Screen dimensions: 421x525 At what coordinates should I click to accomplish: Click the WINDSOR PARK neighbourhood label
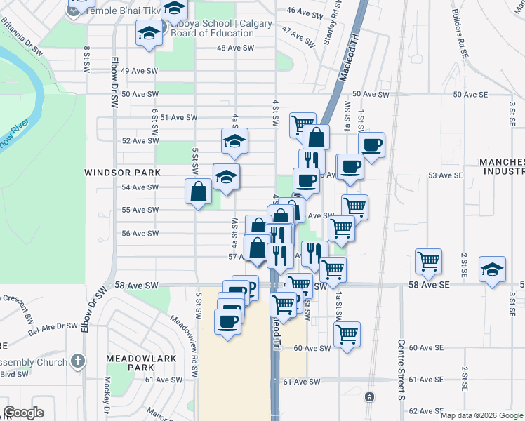click(x=123, y=172)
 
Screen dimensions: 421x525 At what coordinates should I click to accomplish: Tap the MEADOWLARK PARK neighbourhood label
click(x=130, y=363)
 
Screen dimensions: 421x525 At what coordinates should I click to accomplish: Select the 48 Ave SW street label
click(x=236, y=48)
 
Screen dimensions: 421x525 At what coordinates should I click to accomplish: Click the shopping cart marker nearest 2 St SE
click(x=428, y=261)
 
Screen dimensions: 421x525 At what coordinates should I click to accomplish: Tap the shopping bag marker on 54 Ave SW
click(x=199, y=191)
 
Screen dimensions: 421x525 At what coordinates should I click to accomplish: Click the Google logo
click(x=24, y=413)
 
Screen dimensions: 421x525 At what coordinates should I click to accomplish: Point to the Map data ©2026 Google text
click(x=481, y=415)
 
